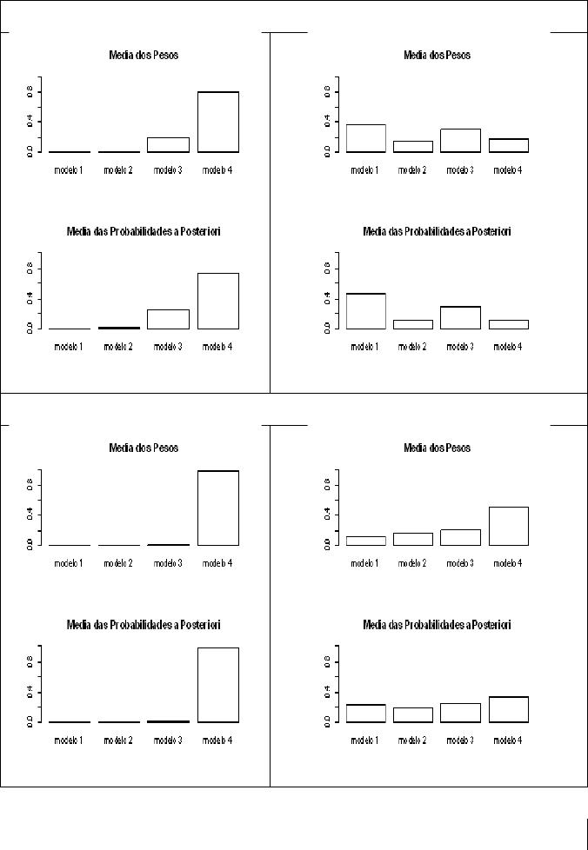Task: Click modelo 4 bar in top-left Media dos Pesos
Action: tap(217, 122)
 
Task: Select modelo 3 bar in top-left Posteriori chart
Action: tap(168, 319)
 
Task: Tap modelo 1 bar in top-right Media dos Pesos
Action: tap(365, 138)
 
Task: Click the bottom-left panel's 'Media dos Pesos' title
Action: tap(144, 448)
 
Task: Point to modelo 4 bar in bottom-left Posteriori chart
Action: tap(217, 685)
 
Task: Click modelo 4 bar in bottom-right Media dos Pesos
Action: tap(509, 526)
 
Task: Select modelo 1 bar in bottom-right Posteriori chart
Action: tap(365, 713)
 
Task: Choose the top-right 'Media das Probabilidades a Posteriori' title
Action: tap(437, 232)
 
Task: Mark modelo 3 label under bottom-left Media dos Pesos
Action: tap(168, 563)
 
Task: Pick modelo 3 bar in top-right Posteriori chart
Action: tap(461, 317)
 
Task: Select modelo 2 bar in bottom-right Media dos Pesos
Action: tap(412, 539)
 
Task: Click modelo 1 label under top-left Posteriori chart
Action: tap(69, 347)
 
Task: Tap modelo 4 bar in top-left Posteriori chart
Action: tap(217, 301)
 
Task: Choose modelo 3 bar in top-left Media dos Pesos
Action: tap(168, 144)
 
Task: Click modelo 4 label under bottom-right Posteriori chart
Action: tap(509, 740)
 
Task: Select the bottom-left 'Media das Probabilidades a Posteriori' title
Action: tap(144, 625)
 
